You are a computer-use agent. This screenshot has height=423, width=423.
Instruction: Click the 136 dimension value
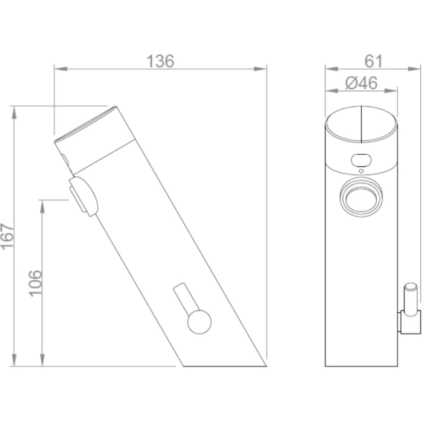click(x=160, y=61)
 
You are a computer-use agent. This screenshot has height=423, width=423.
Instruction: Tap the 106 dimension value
click(x=35, y=283)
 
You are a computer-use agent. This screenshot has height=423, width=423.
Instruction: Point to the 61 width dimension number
click(x=374, y=61)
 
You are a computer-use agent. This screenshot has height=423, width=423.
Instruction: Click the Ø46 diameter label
click(x=361, y=83)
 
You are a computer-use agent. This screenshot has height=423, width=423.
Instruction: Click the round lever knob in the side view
click(x=200, y=322)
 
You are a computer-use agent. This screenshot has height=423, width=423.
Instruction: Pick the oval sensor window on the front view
click(x=361, y=160)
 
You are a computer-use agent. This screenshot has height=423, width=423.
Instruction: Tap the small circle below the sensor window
click(x=361, y=171)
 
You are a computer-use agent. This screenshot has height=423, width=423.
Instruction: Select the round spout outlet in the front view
click(x=361, y=197)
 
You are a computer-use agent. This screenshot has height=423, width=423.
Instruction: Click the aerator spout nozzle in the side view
click(x=83, y=196)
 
